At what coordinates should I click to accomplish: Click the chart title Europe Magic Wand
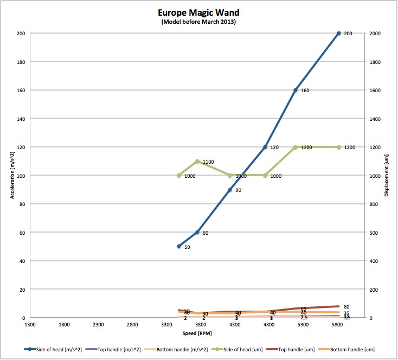[198, 12]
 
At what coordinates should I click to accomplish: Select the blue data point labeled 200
[339, 34]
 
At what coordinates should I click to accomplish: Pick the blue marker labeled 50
[179, 246]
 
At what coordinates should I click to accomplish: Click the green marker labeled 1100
[197, 161]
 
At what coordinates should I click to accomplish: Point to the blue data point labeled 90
[230, 190]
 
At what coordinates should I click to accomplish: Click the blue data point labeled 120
[265, 147]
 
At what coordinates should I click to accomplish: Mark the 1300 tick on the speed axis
[30, 325]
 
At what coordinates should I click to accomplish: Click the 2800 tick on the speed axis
[132, 325]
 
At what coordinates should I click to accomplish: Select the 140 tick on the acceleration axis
[20, 119]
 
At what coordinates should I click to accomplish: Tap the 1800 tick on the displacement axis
[374, 62]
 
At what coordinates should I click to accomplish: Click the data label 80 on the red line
[346, 307]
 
